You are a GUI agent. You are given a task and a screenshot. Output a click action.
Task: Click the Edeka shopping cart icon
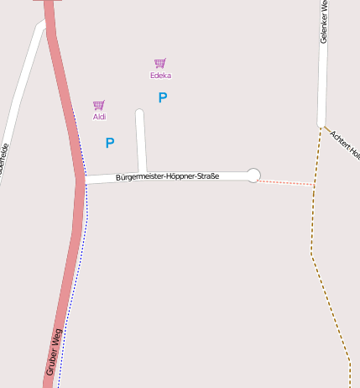(x=159, y=63)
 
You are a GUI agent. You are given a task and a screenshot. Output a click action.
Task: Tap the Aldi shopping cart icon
(x=99, y=105)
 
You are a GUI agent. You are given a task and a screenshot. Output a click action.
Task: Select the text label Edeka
(x=160, y=76)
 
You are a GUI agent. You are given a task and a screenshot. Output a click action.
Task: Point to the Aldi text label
(x=99, y=117)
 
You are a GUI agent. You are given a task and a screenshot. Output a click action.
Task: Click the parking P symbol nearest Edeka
(x=163, y=97)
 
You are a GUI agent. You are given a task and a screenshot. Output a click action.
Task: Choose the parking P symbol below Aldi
(x=110, y=143)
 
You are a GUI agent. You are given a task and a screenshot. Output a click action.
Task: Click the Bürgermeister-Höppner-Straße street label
(x=168, y=176)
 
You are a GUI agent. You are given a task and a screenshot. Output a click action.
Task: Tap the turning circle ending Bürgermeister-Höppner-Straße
(x=253, y=175)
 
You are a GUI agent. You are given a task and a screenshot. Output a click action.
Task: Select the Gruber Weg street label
(x=54, y=351)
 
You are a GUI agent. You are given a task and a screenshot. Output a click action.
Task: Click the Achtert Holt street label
(x=345, y=144)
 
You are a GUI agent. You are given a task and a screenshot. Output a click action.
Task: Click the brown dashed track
(x=312, y=244)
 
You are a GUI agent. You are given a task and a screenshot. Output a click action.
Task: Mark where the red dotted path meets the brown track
(x=315, y=185)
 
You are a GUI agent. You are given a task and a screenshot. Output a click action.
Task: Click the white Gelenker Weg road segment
(x=323, y=84)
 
